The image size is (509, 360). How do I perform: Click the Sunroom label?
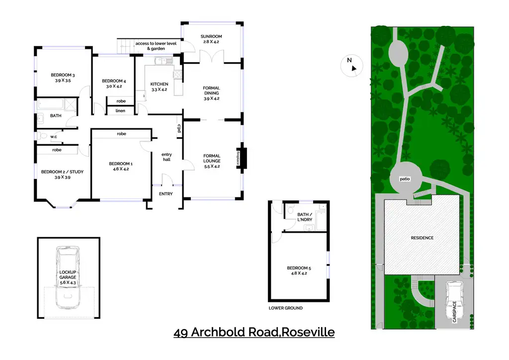point(211,36)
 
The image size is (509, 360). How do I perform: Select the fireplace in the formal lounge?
point(243,158)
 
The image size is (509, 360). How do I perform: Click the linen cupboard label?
point(120,110)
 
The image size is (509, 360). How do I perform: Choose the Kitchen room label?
point(159,84)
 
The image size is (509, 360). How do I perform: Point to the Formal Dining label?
point(211,91)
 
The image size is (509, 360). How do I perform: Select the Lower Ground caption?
point(285,308)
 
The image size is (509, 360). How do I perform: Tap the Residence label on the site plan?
point(422,238)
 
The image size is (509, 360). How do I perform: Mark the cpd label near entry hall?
point(178,128)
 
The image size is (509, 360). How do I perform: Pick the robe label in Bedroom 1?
point(121,134)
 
